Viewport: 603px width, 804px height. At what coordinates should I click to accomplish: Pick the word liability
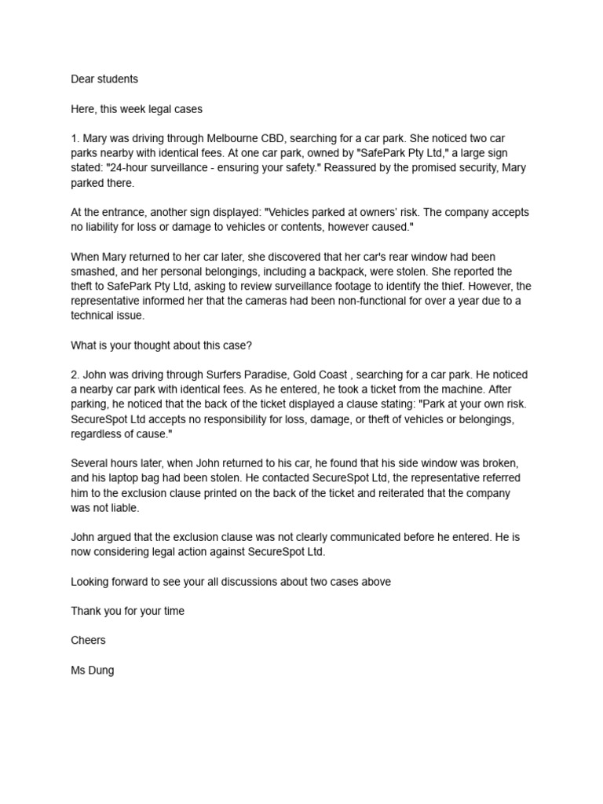[x=105, y=227]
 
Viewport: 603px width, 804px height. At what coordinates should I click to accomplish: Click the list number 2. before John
[x=75, y=375]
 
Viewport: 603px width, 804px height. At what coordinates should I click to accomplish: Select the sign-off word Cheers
[x=88, y=641]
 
